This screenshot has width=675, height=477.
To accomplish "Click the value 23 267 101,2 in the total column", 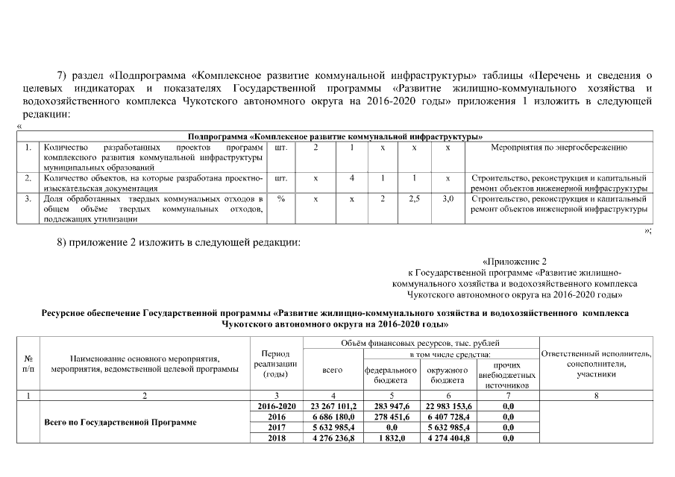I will [332, 406].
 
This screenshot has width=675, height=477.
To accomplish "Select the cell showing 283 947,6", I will [390, 406].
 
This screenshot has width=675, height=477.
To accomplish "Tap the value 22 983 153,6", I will [448, 406].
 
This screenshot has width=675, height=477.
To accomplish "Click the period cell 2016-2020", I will [277, 406].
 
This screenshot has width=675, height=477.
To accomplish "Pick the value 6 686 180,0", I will [332, 417].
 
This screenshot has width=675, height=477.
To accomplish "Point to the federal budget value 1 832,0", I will [390, 438].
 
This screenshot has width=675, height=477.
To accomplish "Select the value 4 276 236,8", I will [332, 438].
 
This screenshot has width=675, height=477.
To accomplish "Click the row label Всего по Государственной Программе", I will [120, 423].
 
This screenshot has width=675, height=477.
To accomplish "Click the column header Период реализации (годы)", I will [277, 363].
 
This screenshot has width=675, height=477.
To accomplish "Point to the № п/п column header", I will [28, 363].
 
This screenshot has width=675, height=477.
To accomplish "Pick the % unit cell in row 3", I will [281, 200].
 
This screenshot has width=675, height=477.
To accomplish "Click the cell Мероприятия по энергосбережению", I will [559, 148].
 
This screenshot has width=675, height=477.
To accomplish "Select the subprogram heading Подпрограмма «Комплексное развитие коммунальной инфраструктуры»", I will [335, 136].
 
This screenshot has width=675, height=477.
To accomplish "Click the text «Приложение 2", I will [515, 262].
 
